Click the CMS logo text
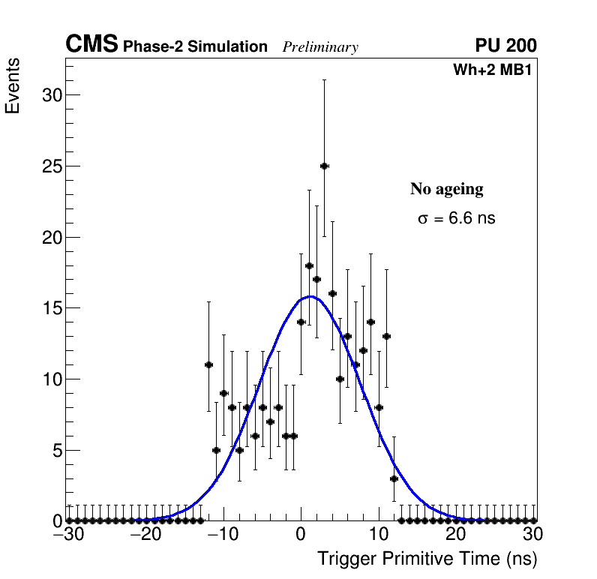click(x=91, y=45)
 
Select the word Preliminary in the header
click(x=320, y=47)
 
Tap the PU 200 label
click(x=506, y=46)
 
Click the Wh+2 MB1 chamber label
click(x=493, y=70)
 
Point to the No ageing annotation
click(x=447, y=189)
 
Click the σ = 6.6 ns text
click(x=457, y=219)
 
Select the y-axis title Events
click(x=13, y=87)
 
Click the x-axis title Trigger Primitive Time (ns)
click(x=427, y=559)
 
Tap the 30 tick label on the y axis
click(x=52, y=95)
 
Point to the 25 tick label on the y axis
click(x=52, y=166)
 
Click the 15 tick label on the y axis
click(x=52, y=308)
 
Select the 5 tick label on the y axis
click(x=56, y=451)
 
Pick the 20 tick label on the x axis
click(x=455, y=534)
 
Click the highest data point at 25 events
click(x=324, y=166)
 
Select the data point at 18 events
click(x=309, y=265)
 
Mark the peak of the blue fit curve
click(x=310, y=296)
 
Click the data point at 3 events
click(x=394, y=478)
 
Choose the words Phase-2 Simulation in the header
click(x=195, y=47)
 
